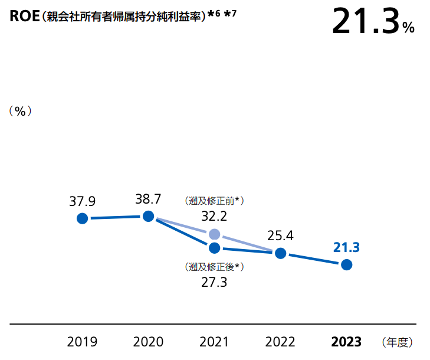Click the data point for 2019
point(83,218)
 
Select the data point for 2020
point(149,216)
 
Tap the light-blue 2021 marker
point(215,234)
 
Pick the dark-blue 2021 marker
point(215,247)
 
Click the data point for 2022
point(281,253)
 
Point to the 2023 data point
point(347,264)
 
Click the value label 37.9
point(83,201)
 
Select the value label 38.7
point(149,199)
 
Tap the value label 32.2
point(215,216)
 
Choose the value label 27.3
point(215,282)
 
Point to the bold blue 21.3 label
point(347,247)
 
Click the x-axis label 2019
point(83,342)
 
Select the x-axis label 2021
point(215,342)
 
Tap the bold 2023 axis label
point(347,342)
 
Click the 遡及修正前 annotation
point(215,201)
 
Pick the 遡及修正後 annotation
point(215,267)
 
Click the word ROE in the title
point(24,16)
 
